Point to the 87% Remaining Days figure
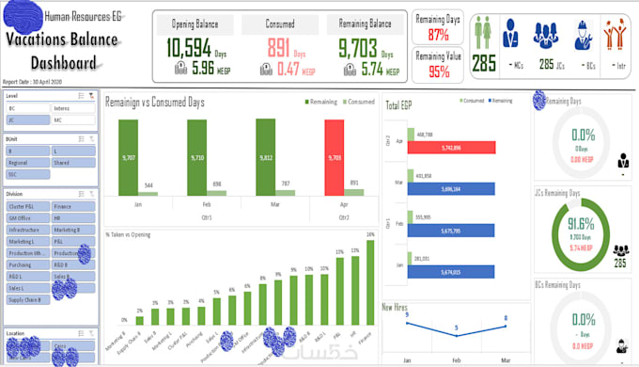pyautogui.click(x=438, y=36)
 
